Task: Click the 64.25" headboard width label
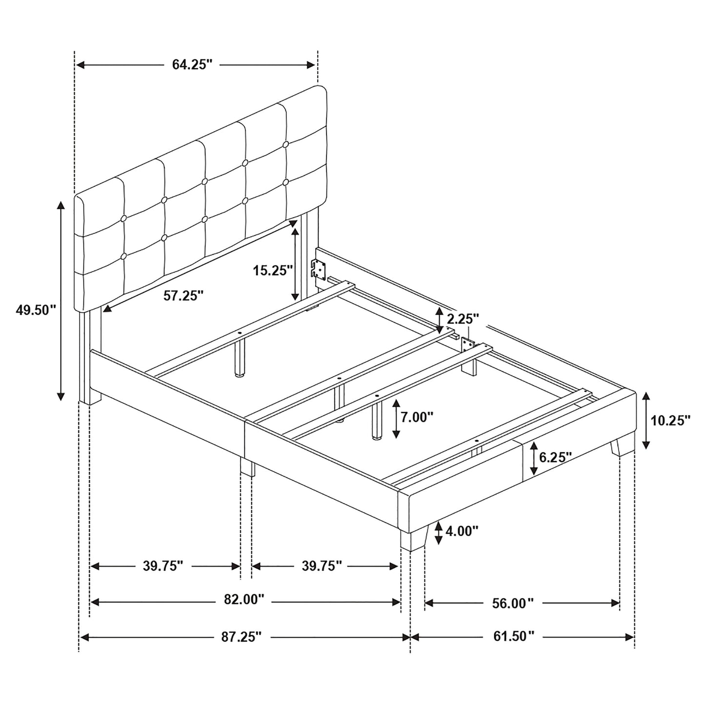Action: pyautogui.click(x=192, y=65)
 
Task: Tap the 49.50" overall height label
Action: pyautogui.click(x=36, y=310)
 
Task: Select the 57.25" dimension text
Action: pyautogui.click(x=183, y=295)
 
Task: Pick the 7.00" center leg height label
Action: pyautogui.click(x=417, y=417)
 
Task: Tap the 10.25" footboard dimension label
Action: pyautogui.click(x=671, y=420)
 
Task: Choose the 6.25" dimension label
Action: pyautogui.click(x=555, y=457)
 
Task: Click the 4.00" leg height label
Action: pyautogui.click(x=462, y=530)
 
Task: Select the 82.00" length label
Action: pyautogui.click(x=243, y=600)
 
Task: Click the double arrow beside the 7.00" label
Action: pyautogui.click(x=397, y=418)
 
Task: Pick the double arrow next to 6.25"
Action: pyautogui.click(x=534, y=458)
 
